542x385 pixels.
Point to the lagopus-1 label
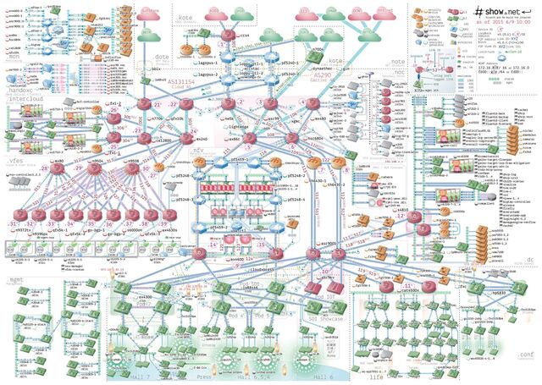point(207,63)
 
